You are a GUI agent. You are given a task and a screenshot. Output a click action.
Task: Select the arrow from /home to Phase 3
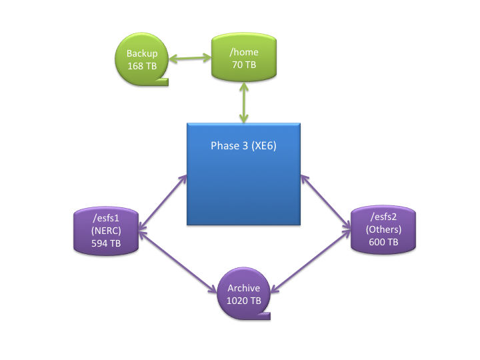(243, 100)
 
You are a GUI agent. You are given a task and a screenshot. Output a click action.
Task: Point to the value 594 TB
(106, 243)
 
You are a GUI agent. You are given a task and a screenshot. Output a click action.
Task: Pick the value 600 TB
(383, 242)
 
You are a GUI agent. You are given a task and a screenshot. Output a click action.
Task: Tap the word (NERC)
(106, 231)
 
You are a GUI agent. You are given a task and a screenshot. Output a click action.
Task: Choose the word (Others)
(383, 229)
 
